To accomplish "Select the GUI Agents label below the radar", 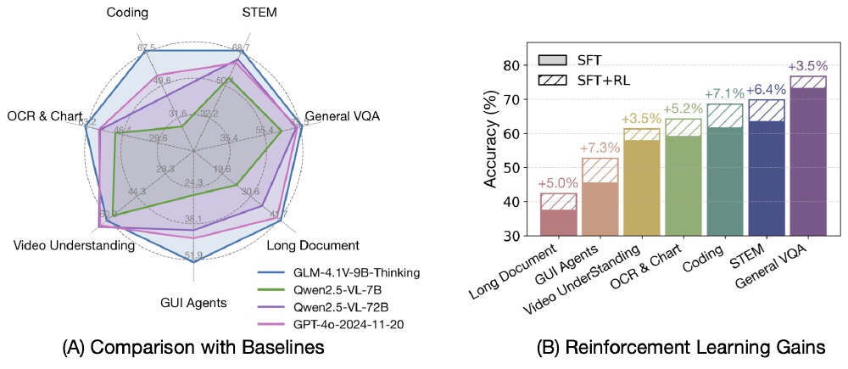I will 193,301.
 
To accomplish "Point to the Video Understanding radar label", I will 75,245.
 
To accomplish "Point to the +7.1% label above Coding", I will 724,94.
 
